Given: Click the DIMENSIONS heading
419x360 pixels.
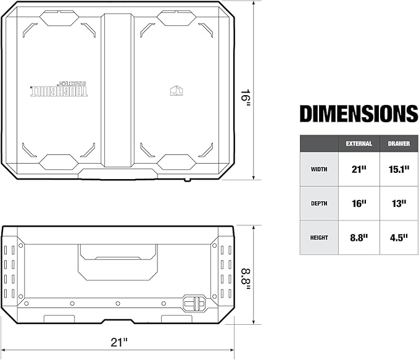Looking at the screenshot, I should (359, 114).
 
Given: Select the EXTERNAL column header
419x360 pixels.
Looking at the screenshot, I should (359, 143).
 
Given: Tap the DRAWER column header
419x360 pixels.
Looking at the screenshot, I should (398, 143).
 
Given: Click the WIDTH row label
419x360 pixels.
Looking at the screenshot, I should (319, 169).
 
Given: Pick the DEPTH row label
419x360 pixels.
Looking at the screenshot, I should (319, 203).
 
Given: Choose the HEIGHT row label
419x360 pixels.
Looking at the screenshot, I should (319, 237).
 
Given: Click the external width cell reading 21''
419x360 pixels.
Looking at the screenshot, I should (359, 169).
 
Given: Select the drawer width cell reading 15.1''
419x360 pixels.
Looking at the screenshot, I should (398, 169).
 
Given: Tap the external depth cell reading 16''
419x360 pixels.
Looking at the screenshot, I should (359, 203).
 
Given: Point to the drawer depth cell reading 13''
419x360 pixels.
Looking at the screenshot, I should (398, 203).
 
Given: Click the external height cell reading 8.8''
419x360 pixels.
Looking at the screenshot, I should (359, 237).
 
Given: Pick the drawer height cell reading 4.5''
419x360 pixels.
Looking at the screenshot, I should (398, 237).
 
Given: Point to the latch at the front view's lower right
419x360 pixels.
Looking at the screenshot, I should (194, 304).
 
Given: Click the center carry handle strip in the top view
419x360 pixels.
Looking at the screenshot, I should (117, 90).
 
